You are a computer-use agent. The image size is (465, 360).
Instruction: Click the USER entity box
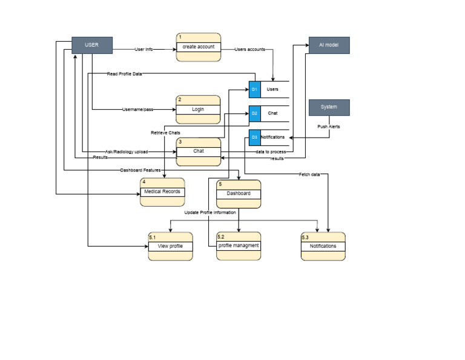coord(92,45)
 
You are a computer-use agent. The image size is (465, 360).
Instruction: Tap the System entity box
coord(329,107)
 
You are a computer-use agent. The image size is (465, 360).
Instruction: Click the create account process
coord(198,47)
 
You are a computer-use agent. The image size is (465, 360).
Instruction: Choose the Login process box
coord(198,110)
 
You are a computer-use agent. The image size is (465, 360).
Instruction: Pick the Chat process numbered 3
coord(198,151)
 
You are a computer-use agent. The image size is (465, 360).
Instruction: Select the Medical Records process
coord(162,193)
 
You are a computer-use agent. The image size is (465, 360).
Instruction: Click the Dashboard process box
coord(239,194)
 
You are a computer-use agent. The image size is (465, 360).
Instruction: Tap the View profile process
coord(170,246)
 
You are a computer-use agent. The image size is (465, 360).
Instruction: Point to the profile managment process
coord(239,246)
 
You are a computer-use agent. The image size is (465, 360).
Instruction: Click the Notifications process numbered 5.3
coord(323,246)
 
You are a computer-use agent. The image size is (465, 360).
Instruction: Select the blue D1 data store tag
coord(255,90)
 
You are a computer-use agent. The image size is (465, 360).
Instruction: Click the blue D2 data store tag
coord(255,113)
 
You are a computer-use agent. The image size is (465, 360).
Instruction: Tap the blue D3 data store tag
coord(255,138)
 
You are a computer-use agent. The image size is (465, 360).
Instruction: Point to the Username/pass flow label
coord(137,110)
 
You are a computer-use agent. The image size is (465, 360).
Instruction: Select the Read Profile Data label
coord(124,74)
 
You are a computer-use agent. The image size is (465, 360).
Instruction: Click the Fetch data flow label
coord(309,175)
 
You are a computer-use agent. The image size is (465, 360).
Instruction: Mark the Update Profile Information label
coord(210,213)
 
